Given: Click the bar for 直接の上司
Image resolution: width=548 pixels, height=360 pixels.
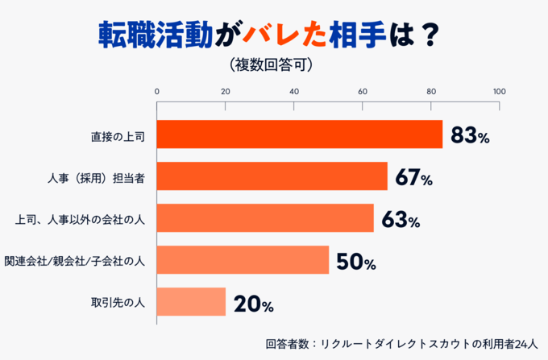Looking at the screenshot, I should point(299,134).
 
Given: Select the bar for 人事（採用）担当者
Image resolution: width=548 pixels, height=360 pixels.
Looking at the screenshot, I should point(272,176).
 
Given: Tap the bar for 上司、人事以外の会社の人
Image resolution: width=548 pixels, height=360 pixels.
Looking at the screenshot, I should point(264,218).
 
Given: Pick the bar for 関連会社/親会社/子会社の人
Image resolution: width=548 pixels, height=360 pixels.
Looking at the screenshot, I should point(242,260).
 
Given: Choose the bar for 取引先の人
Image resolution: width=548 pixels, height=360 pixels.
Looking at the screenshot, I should point(191,302).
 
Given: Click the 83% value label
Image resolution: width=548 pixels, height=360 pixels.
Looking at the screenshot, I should point(470,135).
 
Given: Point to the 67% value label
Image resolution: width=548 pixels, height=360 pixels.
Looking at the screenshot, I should point(413,178).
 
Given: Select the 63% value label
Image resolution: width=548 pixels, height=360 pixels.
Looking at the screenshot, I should point(401,220).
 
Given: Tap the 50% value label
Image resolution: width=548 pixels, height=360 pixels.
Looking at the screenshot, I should point(355,262).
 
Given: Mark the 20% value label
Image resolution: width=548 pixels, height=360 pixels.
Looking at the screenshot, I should point(253,304).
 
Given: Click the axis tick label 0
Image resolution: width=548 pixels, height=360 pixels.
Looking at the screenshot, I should point(156,90).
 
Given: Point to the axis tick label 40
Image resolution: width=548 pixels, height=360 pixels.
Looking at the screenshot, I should point(293,90).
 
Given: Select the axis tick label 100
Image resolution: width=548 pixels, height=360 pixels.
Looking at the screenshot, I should point(500,90).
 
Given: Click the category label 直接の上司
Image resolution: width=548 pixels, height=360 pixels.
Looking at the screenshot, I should point(118,135).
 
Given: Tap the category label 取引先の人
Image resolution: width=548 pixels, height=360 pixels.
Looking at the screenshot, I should point(118,303).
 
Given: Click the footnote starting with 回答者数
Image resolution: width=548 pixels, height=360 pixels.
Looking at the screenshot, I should point(405,344).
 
